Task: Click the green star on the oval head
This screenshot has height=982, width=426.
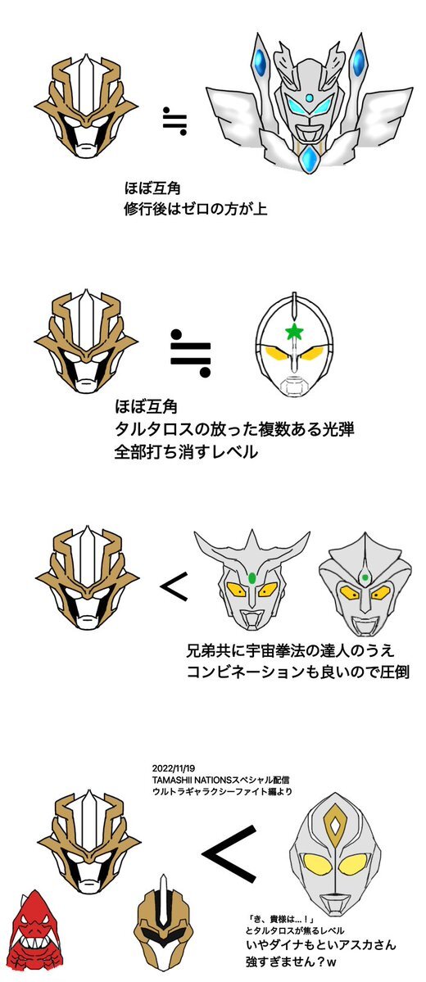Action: coord(294,332)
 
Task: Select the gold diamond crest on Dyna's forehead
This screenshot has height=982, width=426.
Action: coord(336,828)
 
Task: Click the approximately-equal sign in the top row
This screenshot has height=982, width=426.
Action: coord(174,120)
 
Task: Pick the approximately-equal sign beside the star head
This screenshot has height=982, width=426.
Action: coord(192,354)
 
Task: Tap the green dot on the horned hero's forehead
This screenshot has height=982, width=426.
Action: coord(252,577)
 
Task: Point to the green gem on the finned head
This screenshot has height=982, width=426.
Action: coord(364,576)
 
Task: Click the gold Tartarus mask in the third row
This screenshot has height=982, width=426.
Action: coord(87,578)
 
